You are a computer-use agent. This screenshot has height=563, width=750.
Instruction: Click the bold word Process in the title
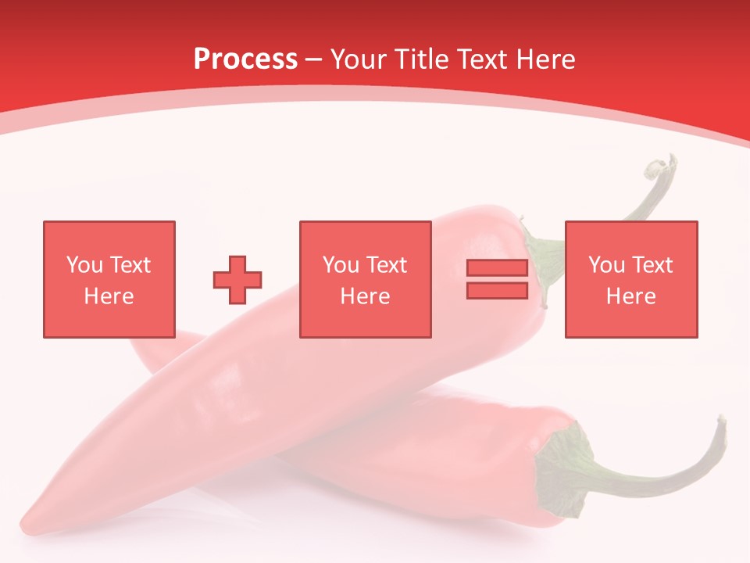(x=245, y=59)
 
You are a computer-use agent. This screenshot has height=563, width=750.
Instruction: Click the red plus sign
(x=237, y=279)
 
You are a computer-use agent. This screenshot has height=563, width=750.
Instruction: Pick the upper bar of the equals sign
(x=497, y=267)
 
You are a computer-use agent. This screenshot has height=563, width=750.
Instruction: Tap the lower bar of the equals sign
(x=497, y=290)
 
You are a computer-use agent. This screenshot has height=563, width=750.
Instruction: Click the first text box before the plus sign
(x=109, y=279)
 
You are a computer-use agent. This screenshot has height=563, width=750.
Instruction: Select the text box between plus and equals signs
(x=365, y=279)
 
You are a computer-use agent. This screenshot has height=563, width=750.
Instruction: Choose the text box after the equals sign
(x=630, y=279)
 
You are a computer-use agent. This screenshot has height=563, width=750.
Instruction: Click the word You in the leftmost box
(x=84, y=265)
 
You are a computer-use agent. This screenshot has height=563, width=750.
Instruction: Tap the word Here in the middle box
(x=365, y=296)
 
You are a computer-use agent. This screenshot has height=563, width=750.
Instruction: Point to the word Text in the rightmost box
(x=652, y=265)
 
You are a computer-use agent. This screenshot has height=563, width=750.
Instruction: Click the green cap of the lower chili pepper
(x=562, y=461)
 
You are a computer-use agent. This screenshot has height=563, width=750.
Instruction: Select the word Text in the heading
(x=480, y=59)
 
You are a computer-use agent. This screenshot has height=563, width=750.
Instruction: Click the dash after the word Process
(x=313, y=60)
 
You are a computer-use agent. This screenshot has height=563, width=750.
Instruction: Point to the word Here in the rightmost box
(x=630, y=296)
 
